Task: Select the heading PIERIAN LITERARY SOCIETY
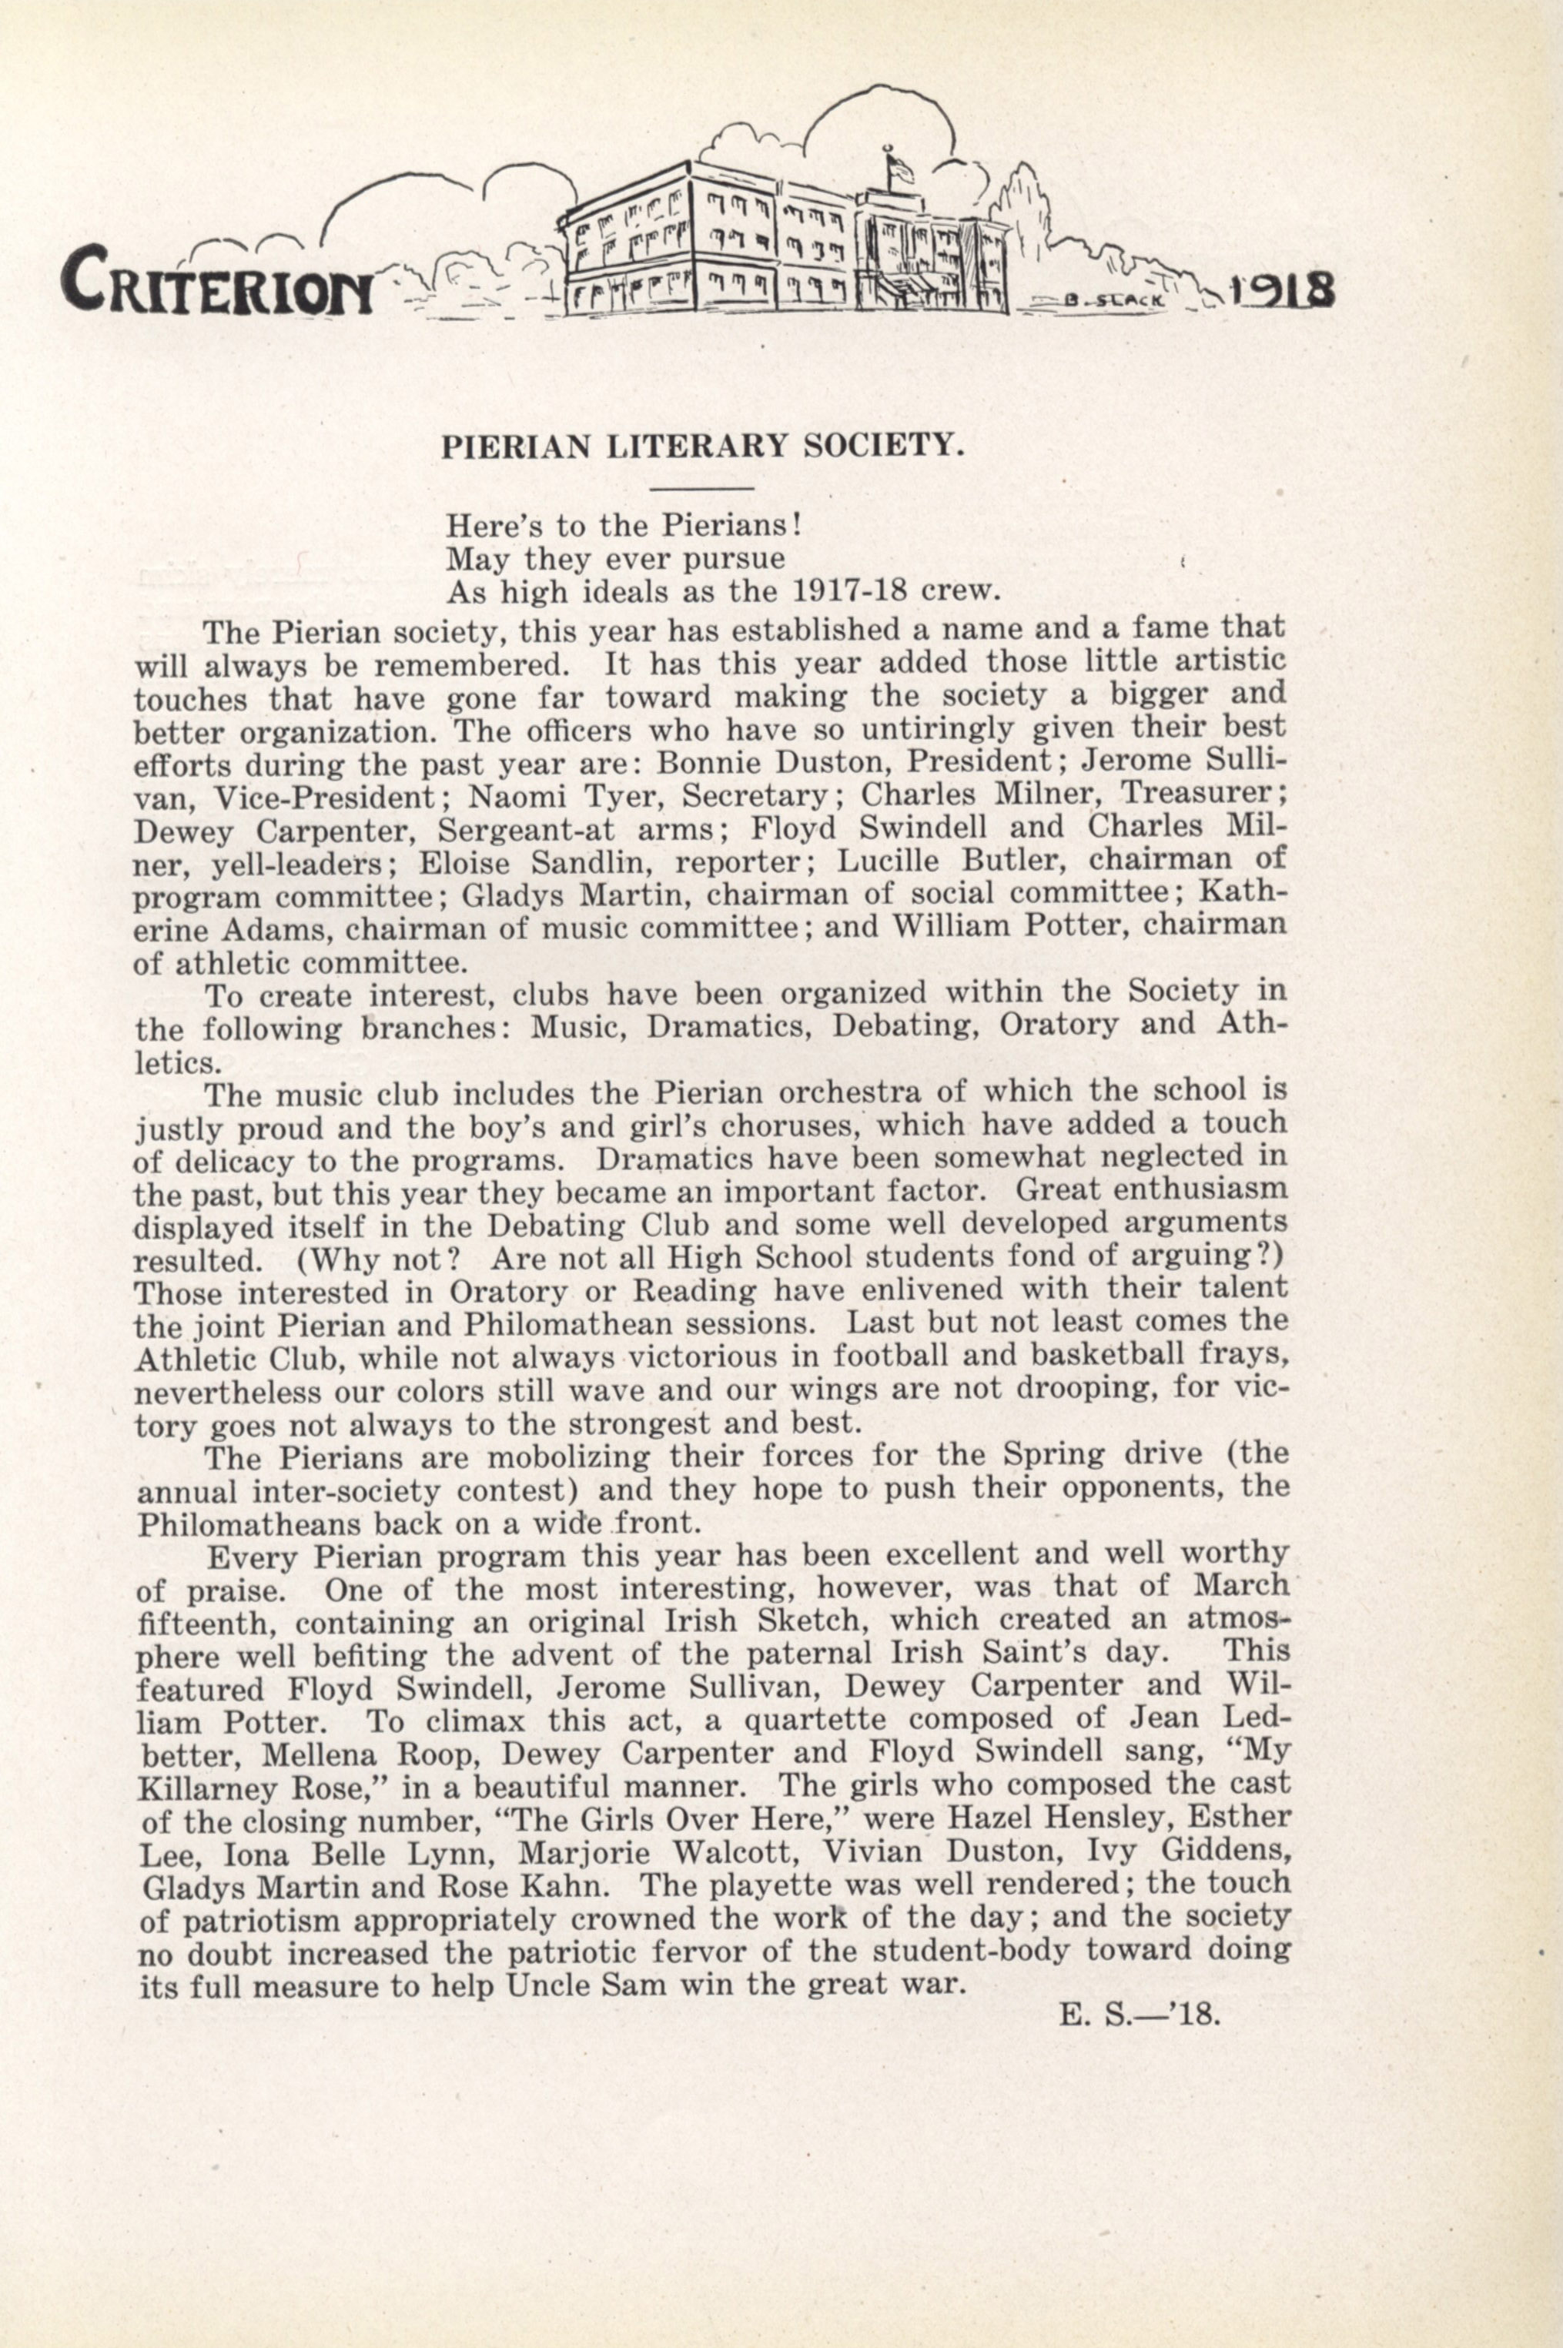tap(703, 444)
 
